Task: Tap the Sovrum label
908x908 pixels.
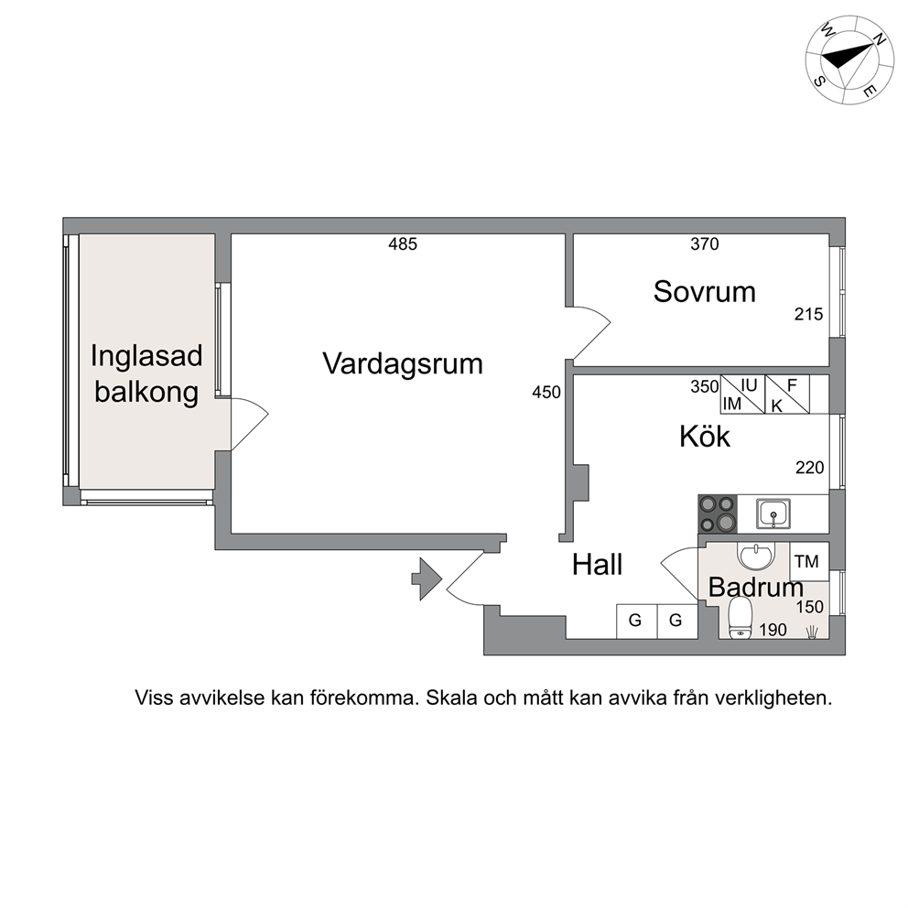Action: [704, 292]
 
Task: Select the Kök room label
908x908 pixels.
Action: [704, 437]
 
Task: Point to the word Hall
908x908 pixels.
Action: [597, 565]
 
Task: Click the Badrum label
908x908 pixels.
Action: [756, 588]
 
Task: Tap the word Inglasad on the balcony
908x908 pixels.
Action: [146, 357]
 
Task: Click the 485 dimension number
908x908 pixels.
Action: [403, 244]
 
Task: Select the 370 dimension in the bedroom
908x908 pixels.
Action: [704, 244]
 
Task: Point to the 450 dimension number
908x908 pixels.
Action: [546, 393]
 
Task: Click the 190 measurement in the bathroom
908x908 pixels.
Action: [773, 630]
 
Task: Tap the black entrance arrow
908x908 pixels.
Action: [427, 578]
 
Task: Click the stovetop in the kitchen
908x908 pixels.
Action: [718, 513]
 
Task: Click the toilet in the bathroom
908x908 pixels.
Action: [740, 618]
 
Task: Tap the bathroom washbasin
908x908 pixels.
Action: [756, 556]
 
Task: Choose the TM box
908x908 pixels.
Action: [809, 561]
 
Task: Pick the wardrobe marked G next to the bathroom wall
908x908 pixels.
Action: [676, 622]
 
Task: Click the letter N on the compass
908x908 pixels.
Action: [879, 40]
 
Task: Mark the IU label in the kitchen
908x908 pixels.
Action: [749, 385]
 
